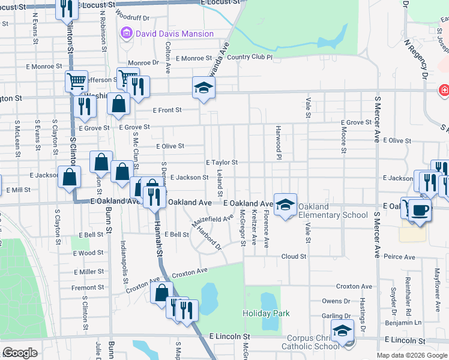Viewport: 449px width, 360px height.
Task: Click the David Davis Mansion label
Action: (174, 34)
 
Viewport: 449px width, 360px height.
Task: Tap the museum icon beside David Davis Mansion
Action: (127, 34)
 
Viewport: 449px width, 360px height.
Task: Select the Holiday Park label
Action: (266, 313)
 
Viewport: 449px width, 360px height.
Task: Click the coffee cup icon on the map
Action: (420, 210)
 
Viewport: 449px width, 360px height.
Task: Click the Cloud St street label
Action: (294, 256)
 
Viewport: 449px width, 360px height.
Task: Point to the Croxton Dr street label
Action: (354, 287)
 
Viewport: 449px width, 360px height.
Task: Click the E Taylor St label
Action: (221, 163)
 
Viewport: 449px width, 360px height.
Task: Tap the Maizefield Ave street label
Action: (212, 223)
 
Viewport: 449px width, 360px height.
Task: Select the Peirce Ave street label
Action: (400, 257)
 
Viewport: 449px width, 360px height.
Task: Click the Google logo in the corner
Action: (20, 353)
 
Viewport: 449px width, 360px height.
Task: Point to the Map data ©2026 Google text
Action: (411, 355)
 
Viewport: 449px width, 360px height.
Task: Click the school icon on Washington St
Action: (203, 88)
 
